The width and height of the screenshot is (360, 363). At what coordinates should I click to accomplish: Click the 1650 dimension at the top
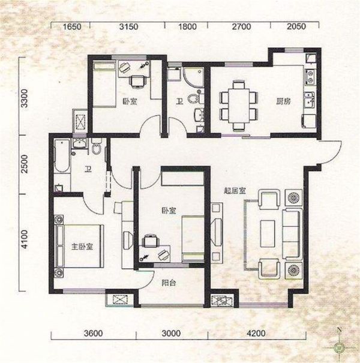coord(72,26)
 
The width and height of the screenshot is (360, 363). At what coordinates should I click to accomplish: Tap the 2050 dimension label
coord(296,26)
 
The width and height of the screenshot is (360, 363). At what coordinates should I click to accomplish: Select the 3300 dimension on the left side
coord(24,98)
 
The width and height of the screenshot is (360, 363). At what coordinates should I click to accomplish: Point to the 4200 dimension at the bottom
coord(256,334)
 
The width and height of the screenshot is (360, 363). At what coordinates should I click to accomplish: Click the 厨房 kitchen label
coord(284,101)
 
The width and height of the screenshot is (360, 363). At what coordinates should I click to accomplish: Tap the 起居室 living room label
coord(235,191)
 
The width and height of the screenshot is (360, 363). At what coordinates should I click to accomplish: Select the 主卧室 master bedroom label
coord(82,247)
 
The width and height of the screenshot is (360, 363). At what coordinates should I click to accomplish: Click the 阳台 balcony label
coord(169,283)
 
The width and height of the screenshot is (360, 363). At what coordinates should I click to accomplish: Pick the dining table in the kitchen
coord(239,105)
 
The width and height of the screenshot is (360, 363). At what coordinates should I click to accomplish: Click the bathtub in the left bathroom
coord(62,155)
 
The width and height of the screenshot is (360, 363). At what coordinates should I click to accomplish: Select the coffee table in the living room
coord(268,233)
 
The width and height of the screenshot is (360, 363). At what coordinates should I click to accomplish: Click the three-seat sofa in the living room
coord(293,234)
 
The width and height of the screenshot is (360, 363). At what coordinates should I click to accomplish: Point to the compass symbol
coord(340,347)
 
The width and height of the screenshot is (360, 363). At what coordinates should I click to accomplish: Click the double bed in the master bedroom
coord(79,246)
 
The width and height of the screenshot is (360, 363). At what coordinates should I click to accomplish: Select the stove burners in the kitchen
coord(310,77)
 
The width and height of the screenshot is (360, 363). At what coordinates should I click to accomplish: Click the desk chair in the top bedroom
coord(138,82)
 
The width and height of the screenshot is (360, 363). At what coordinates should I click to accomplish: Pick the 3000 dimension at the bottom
coord(171,334)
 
